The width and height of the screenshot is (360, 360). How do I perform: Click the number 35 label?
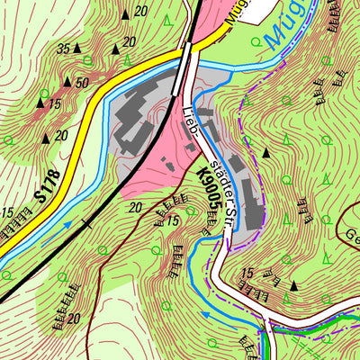tap(63, 48)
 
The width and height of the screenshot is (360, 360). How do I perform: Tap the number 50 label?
tap(82, 83)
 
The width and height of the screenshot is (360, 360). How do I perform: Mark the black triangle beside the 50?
tap(67, 82)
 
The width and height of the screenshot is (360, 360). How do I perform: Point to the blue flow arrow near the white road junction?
tap(205, 316)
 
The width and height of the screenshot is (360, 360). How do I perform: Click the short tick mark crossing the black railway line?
tap(85, 220)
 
